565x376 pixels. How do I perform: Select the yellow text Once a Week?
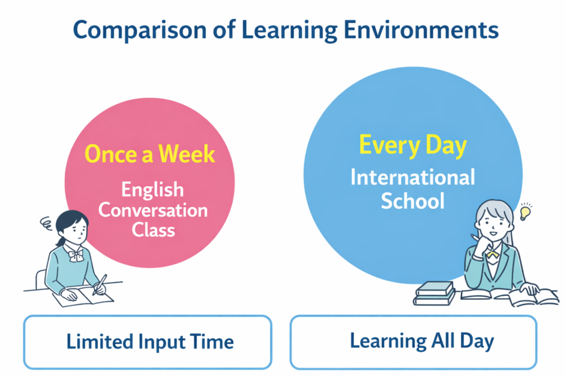pos(150,154)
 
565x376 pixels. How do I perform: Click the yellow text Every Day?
pos(413,146)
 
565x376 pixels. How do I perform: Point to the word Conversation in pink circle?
pos(153,210)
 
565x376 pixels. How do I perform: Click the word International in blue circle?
pos(413,178)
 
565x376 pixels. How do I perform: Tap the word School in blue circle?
pos(413,200)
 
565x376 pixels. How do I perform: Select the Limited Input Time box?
pos(147,342)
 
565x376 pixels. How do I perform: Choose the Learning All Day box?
pos(413,342)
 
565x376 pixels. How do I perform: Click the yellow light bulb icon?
pos(525,211)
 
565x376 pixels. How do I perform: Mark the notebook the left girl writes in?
pos(83,296)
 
